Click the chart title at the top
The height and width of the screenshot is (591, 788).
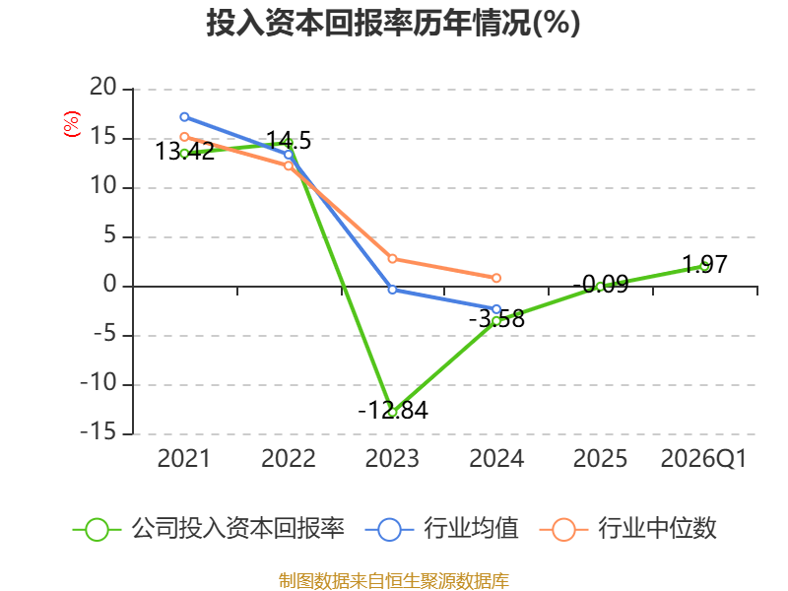click(393, 23)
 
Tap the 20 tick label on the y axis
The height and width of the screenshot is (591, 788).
click(103, 87)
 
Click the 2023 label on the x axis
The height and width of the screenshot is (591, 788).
click(392, 458)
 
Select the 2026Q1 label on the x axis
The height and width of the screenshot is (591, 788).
click(703, 458)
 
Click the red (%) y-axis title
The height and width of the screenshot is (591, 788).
click(71, 124)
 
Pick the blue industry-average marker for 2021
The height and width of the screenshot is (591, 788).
click(184, 117)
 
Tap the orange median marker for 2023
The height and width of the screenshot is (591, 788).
click(392, 259)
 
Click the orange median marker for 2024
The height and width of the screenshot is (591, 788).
click(496, 278)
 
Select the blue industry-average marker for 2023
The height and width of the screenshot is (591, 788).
click(392, 290)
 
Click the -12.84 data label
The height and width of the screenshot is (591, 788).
click(393, 410)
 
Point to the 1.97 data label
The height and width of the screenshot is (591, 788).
click(704, 264)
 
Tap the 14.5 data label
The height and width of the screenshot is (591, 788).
click(289, 140)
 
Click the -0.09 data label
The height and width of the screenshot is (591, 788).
click(601, 285)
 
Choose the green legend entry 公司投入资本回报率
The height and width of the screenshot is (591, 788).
click(209, 529)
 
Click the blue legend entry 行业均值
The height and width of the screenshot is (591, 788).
click(441, 529)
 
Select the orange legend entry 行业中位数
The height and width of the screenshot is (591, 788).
click(627, 529)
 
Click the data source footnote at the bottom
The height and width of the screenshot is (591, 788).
click(393, 581)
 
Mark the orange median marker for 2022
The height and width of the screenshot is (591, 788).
click(289, 165)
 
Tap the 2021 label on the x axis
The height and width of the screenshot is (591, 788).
click(184, 458)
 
